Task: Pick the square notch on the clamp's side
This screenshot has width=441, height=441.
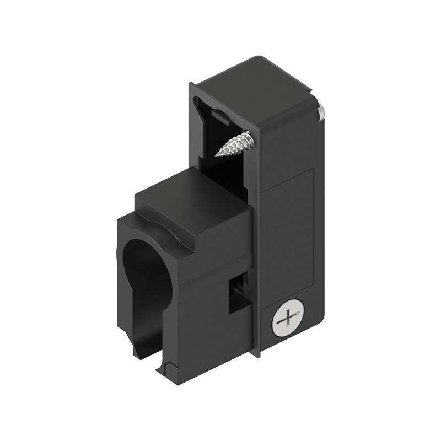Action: [238, 295]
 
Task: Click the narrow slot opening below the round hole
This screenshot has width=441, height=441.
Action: [148, 336]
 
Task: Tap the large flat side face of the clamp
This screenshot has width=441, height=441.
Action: [209, 314]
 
